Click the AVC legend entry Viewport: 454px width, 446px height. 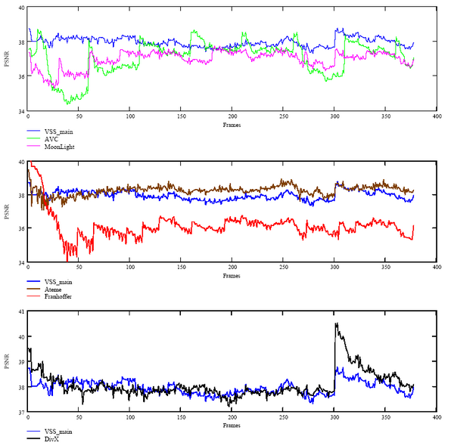52,138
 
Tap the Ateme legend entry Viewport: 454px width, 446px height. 54,289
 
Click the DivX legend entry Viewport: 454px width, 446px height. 52,438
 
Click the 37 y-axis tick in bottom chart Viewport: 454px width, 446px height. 21,413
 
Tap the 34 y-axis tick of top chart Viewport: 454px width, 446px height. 21,111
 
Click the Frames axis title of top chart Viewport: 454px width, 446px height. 232,123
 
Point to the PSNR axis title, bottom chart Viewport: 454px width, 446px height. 7,361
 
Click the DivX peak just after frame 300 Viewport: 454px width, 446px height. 336,324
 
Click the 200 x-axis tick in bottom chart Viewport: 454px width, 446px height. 232,417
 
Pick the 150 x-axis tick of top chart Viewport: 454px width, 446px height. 181,116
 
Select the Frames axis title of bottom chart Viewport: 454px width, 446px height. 232,426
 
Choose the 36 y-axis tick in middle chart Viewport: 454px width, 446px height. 21,229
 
